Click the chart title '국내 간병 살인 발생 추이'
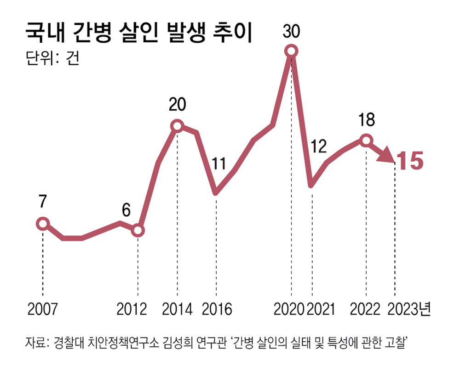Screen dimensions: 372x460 [x=138, y=34]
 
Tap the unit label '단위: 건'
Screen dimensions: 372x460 [x=52, y=59]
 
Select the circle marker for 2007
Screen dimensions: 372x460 [x=42, y=224]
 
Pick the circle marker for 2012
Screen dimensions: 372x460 [x=138, y=231]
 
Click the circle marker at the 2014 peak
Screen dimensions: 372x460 [x=177, y=125]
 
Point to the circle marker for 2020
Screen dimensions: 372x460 [x=291, y=51]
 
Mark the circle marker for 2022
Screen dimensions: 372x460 [x=366, y=140]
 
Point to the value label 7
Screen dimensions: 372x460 [x=42, y=203]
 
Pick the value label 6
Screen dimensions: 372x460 [x=126, y=210]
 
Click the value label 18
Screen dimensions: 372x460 [x=367, y=120]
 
